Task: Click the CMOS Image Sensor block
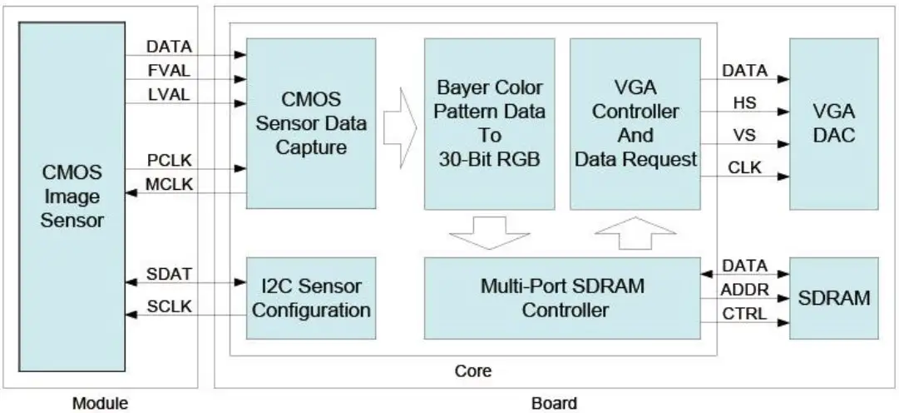point(72,197)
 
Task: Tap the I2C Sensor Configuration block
point(311,298)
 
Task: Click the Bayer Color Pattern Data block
point(490,123)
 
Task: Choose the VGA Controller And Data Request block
point(635,123)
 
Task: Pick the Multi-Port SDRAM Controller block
point(562,298)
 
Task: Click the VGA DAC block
point(832,123)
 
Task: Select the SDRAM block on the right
point(832,298)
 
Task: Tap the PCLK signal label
point(169,160)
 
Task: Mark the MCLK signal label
point(169,184)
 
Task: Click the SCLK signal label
point(169,306)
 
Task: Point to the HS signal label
point(744,100)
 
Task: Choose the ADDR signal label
point(745,290)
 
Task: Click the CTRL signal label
point(745,315)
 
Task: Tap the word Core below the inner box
point(472,371)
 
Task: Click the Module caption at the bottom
point(100,404)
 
